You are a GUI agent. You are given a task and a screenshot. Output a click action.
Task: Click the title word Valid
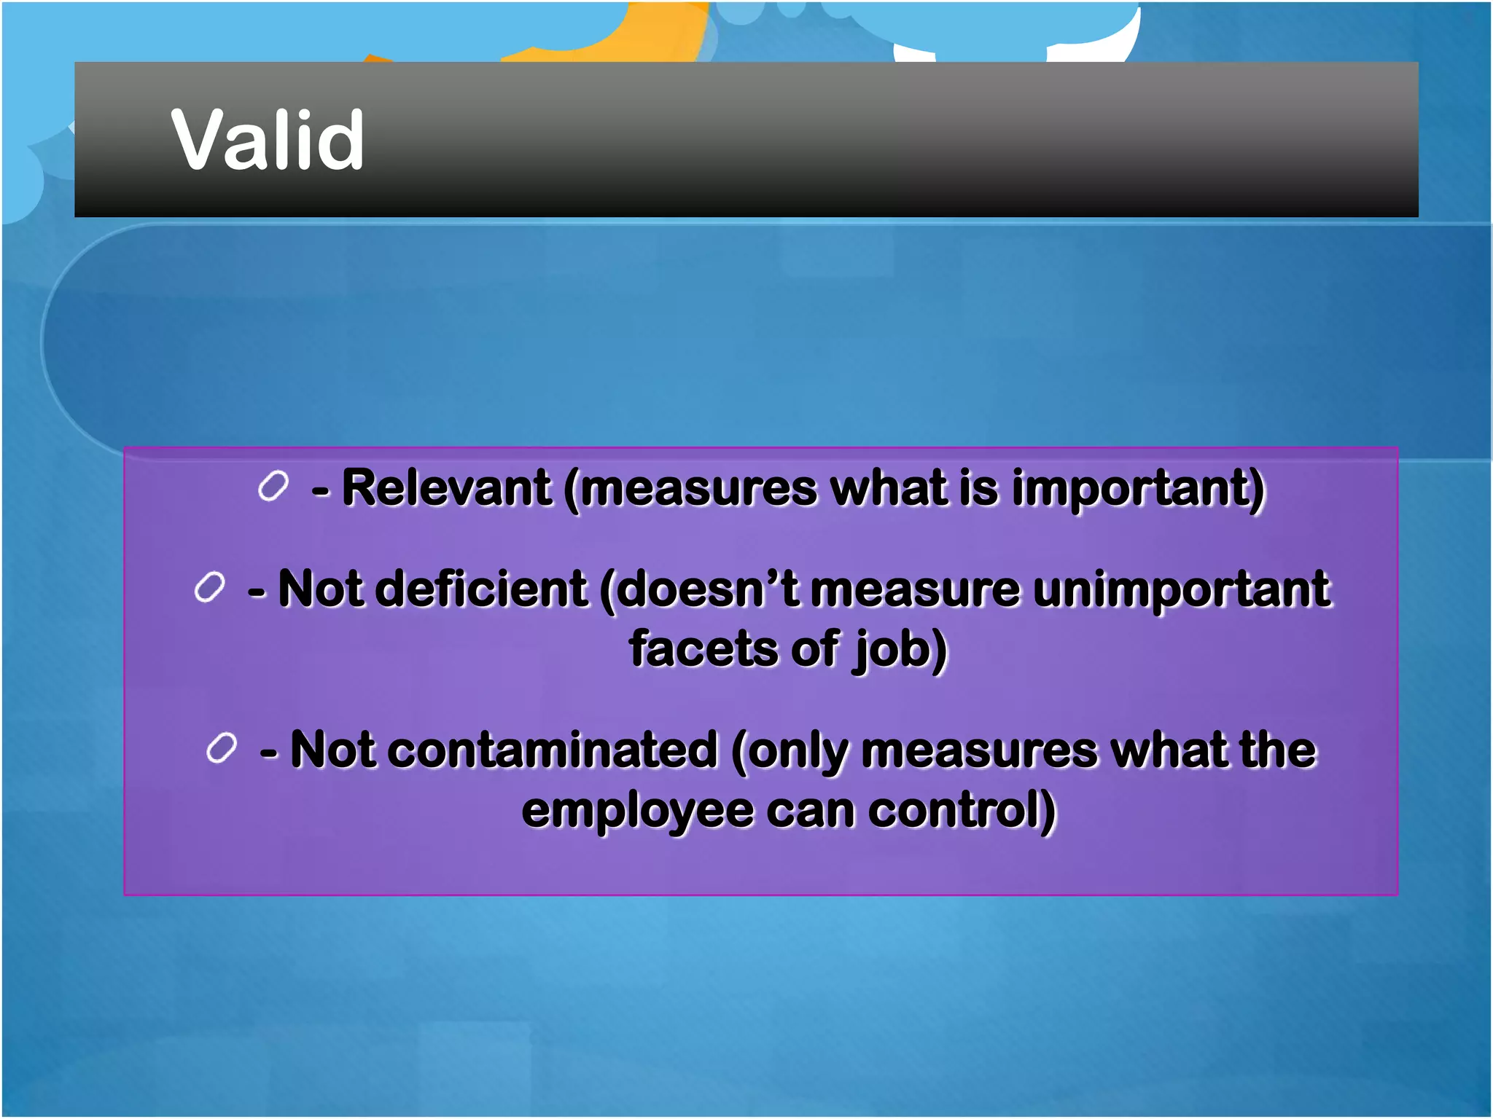tap(267, 140)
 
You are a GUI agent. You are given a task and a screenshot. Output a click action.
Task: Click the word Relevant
tap(446, 487)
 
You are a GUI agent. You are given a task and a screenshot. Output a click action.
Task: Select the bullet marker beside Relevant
tap(273, 486)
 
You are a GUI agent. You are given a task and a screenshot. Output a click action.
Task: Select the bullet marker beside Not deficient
tap(209, 587)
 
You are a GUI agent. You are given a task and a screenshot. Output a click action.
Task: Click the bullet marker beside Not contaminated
tap(222, 748)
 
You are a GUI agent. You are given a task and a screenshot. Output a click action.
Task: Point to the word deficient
tap(484, 589)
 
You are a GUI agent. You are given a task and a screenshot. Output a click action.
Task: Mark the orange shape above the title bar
tap(634, 33)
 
